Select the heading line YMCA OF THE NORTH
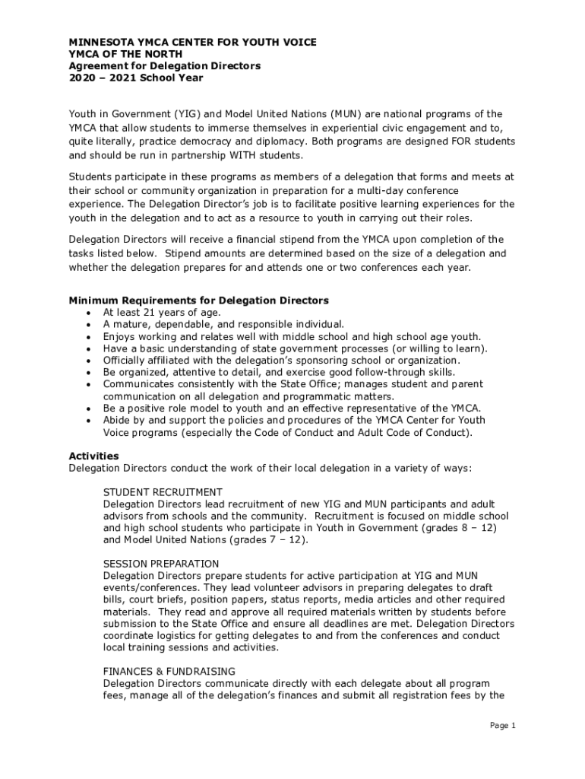(125, 54)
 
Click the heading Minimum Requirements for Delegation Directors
(198, 300)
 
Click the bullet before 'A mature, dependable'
(90, 325)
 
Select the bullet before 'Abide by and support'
(90, 421)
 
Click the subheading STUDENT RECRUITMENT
(163, 492)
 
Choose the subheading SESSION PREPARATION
(161, 564)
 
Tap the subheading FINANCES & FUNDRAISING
(169, 671)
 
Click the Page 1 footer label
(503, 726)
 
